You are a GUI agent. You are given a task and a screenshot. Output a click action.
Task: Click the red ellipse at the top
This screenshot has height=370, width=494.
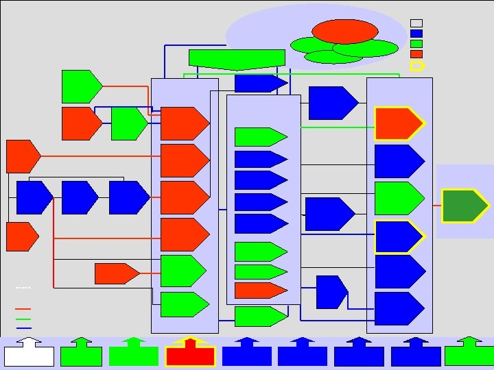pyautogui.click(x=344, y=31)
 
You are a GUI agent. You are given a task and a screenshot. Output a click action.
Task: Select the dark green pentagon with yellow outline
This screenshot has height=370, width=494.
pyautogui.click(x=464, y=206)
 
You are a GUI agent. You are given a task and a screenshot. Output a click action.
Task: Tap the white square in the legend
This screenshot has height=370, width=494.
pyautogui.click(x=416, y=23)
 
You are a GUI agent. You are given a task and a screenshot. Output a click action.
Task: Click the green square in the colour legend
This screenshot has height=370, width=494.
pyautogui.click(x=416, y=43)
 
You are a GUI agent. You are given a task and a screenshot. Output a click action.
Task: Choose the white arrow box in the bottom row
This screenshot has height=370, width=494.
pyautogui.click(x=29, y=355)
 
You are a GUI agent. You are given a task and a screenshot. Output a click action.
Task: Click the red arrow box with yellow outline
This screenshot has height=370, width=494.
pyautogui.click(x=190, y=354)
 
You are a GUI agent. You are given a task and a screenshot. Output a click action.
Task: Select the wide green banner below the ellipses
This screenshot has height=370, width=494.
pyautogui.click(x=237, y=59)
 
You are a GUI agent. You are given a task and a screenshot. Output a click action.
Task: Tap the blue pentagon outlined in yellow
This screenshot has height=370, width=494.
pyautogui.click(x=399, y=236)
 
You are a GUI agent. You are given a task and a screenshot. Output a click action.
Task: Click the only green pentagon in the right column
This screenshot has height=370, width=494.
pyautogui.click(x=399, y=198)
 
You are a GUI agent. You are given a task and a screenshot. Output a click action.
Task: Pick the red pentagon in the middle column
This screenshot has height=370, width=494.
pyautogui.click(x=259, y=290)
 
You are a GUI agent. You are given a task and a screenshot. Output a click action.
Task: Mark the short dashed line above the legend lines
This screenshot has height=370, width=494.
pyautogui.click(x=23, y=287)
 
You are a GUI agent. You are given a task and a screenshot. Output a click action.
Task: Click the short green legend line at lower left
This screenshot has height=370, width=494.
pyautogui.click(x=23, y=319)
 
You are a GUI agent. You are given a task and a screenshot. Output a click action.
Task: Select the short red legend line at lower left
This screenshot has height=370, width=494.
pyautogui.click(x=23, y=310)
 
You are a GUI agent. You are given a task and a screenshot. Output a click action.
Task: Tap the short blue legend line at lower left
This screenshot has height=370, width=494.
pyautogui.click(x=23, y=328)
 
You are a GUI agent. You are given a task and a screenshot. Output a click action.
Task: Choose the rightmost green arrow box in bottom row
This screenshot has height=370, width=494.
pyautogui.click(x=469, y=354)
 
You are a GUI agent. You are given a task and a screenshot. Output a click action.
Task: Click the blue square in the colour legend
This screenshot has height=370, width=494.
pyautogui.click(x=416, y=33)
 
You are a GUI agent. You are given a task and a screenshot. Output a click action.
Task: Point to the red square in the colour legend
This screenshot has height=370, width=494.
pyautogui.click(x=416, y=53)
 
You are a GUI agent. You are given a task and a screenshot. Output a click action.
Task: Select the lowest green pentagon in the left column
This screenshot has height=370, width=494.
pyautogui.click(x=183, y=304)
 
